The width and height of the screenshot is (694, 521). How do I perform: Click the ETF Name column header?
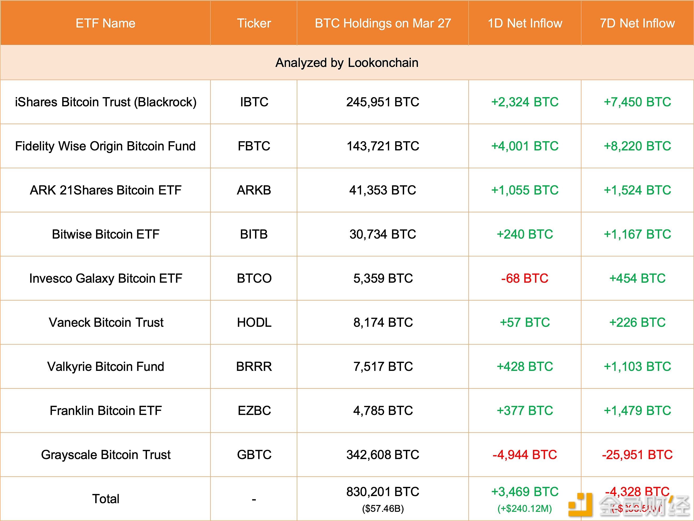pos(105,23)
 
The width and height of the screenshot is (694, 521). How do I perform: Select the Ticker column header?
pos(254,23)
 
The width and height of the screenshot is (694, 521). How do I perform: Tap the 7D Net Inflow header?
pos(637,23)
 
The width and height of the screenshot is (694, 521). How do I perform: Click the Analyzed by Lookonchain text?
pos(347,63)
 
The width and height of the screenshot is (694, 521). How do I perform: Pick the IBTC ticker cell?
pos(254,102)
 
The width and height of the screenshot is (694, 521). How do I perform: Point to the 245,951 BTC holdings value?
pos(383,102)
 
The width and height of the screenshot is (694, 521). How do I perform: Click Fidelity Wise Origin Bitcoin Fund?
pos(105,146)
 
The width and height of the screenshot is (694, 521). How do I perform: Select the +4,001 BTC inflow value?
pos(525,146)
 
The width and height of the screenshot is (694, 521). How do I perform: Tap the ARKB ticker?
pos(254,190)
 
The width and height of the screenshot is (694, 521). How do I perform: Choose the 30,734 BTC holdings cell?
pos(383,234)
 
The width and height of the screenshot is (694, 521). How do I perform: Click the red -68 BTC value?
pos(525,278)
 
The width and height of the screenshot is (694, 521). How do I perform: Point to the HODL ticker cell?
pos(254,322)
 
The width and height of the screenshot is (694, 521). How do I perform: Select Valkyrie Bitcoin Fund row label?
pos(105,367)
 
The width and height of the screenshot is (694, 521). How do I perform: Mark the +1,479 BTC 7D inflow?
pos(637,411)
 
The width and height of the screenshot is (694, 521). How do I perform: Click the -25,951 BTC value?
pos(637,455)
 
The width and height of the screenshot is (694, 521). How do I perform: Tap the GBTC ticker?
pos(254,455)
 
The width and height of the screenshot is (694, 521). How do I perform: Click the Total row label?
pos(105,499)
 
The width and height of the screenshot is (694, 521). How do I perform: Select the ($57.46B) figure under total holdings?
pos(383,508)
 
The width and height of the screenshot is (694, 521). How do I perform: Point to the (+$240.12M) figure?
pos(525,508)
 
